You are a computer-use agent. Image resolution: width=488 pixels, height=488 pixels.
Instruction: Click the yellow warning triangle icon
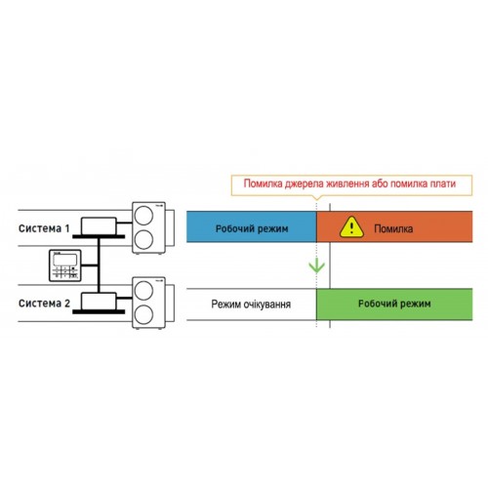click(x=351, y=226)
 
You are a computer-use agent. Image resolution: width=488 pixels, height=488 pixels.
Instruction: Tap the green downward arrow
click(x=316, y=265)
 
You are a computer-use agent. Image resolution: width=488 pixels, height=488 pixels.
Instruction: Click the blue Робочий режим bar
click(x=252, y=226)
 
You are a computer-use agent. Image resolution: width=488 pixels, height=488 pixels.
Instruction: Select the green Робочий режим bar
click(x=394, y=305)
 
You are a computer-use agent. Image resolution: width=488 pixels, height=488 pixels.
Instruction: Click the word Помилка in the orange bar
click(x=393, y=228)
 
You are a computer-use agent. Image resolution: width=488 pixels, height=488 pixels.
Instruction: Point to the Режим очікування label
click(x=251, y=305)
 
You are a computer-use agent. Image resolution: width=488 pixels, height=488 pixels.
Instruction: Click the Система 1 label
click(x=44, y=228)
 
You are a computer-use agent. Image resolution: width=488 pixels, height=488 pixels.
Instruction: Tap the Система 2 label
click(x=44, y=304)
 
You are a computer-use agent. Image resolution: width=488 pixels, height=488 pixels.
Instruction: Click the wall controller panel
click(x=64, y=265)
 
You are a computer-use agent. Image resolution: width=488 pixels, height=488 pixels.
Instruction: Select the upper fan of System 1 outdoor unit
click(x=143, y=216)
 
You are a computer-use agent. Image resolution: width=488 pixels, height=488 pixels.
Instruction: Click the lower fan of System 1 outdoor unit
click(x=143, y=239)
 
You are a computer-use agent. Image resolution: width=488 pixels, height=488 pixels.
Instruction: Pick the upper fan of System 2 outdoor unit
click(x=143, y=291)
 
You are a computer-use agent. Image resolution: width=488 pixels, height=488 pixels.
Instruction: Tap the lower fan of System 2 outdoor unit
click(x=143, y=314)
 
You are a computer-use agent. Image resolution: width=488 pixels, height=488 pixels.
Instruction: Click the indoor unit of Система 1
click(x=99, y=225)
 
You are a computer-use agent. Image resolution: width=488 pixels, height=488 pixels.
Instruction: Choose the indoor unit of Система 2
click(x=99, y=302)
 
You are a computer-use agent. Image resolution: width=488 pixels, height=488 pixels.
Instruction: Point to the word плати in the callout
click(x=443, y=183)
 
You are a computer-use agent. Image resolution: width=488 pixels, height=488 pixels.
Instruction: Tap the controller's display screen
click(x=64, y=260)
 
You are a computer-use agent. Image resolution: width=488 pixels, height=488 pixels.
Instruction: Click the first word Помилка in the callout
click(x=264, y=183)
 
